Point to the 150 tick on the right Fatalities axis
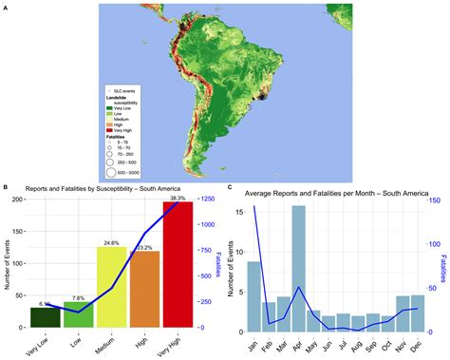click(434, 199)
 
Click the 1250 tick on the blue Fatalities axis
click(207, 199)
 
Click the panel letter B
click(7, 188)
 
